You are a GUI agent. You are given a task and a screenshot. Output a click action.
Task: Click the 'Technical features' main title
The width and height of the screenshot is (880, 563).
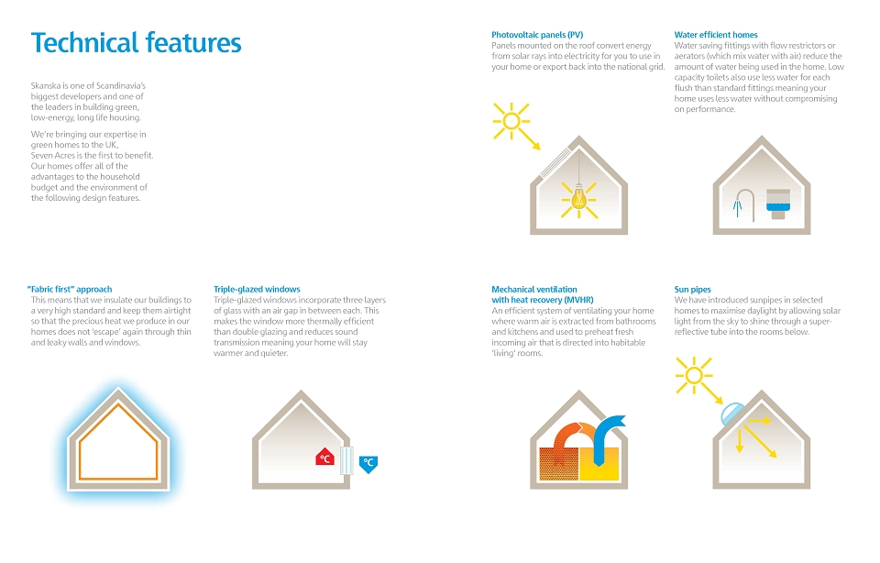137,43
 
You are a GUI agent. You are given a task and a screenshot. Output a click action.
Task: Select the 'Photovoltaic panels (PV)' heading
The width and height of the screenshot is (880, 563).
537,35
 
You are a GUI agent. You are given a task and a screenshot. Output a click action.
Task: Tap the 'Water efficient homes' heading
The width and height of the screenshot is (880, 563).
716,35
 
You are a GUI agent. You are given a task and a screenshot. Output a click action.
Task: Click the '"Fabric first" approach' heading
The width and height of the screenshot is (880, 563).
70,290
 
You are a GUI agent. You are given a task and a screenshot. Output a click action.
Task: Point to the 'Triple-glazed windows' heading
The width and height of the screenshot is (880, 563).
257,290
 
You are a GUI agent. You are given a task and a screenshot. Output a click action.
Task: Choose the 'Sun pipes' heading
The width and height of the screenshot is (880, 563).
693,290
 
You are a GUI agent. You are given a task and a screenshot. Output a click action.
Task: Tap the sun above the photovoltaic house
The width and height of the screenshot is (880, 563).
511,121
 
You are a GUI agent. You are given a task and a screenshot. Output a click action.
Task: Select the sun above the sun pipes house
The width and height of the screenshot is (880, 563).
694,375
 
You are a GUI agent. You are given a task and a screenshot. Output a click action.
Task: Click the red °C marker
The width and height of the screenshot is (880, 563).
324,457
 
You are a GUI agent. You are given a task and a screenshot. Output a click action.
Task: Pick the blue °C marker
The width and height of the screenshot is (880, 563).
368,464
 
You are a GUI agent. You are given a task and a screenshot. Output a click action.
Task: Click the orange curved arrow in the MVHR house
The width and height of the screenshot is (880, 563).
572,435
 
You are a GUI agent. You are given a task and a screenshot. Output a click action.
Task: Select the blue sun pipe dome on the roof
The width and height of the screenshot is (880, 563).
731,414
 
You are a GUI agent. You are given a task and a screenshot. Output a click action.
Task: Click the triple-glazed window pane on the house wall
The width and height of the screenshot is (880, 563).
346,461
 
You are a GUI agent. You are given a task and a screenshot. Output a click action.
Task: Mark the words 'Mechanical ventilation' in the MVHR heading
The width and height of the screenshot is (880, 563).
534,290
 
